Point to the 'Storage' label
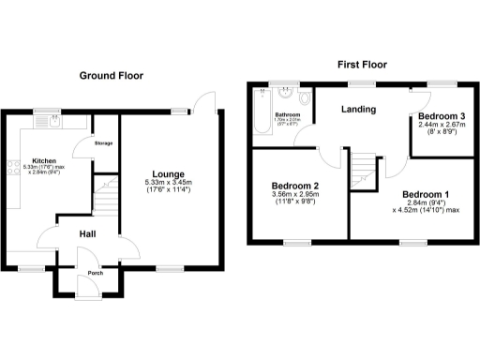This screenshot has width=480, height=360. (103, 143)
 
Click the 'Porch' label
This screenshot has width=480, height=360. (95, 274)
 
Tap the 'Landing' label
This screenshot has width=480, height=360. (358, 110)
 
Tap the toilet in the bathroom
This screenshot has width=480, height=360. (306, 98)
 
